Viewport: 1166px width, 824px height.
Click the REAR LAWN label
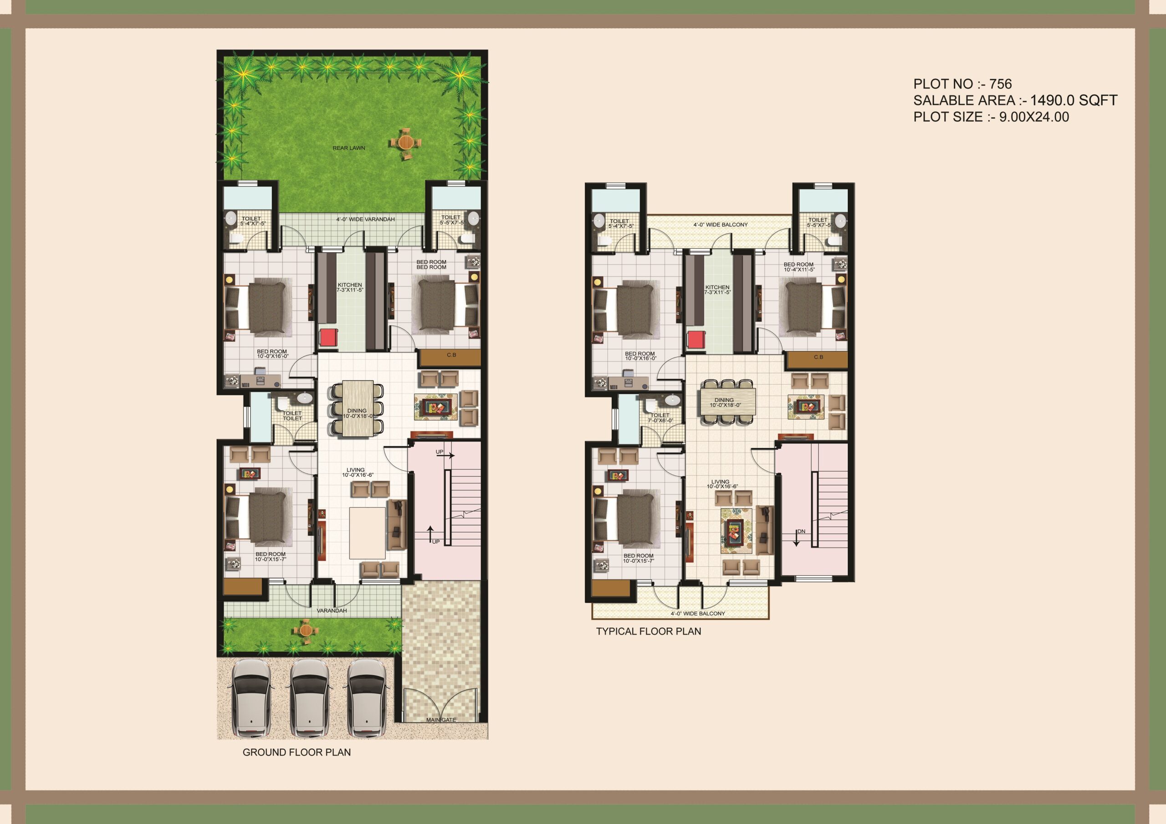(x=348, y=148)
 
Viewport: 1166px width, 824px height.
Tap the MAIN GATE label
(x=441, y=719)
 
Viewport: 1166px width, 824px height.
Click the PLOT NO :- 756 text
(x=962, y=84)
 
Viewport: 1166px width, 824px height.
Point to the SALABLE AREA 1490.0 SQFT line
(x=1015, y=100)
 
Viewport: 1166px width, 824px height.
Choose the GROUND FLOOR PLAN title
(x=297, y=752)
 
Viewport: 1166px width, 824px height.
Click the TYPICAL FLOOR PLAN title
(x=648, y=631)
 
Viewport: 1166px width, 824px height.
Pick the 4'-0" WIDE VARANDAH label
(x=365, y=219)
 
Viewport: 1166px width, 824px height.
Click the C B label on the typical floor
(x=818, y=357)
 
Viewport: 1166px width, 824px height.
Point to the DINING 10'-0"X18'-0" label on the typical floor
(x=725, y=402)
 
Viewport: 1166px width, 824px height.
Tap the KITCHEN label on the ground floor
(x=350, y=287)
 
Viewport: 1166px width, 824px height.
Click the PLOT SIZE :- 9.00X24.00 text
(x=991, y=117)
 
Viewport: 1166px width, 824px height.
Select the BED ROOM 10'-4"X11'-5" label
(x=798, y=267)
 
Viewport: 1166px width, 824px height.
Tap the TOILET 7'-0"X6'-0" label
(x=660, y=418)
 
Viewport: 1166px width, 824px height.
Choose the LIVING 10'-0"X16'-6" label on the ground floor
(x=357, y=473)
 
